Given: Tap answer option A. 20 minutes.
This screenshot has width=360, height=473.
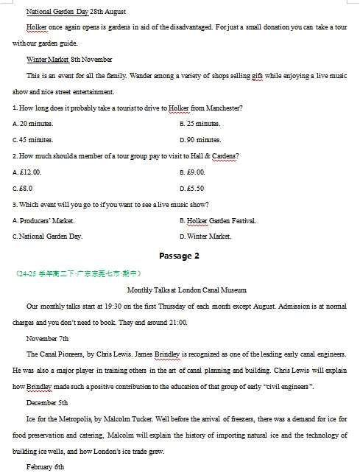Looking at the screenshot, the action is point(33,124).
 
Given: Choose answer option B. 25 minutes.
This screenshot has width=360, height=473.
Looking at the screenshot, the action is point(200,124).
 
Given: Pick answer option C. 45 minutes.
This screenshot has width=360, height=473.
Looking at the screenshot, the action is point(33,140).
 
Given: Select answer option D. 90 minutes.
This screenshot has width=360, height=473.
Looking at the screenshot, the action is point(200,140).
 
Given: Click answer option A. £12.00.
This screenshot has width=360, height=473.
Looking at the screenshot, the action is point(27,172).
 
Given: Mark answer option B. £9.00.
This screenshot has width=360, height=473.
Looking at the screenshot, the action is point(192,172).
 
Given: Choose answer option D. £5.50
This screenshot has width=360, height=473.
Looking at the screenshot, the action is point(192,189).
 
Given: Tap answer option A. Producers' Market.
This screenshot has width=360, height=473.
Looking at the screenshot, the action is point(43,221).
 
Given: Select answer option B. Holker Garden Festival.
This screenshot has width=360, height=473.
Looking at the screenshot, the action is point(218,221).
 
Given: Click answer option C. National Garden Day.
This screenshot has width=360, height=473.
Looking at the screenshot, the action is point(48,237).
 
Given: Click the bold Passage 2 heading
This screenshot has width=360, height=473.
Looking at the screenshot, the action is point(179,256).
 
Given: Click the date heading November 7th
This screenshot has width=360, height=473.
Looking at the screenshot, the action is point(47,339).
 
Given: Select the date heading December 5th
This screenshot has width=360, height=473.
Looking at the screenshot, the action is point(47,404).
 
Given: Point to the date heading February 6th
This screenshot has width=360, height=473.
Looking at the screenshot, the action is point(46,468).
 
